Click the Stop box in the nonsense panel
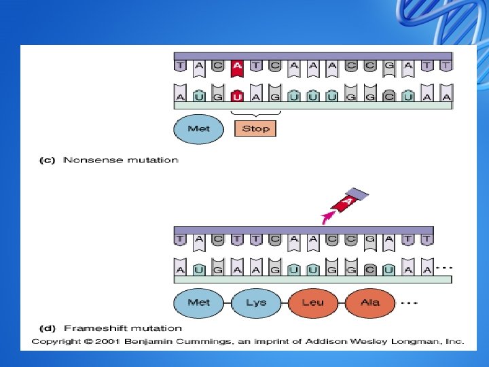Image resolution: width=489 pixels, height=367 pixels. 255,128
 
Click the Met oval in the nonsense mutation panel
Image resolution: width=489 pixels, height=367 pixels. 198,128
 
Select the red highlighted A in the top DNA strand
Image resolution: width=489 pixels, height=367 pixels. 237,67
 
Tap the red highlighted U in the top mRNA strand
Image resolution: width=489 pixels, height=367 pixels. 237,97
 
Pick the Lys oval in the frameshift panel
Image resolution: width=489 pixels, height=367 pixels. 256,302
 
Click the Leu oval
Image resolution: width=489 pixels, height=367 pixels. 312,302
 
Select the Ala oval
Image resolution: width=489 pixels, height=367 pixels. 370,302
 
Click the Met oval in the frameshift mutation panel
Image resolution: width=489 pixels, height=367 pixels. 198,302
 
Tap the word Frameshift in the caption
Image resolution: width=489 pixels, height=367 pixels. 91,329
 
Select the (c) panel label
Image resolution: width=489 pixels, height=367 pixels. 46,160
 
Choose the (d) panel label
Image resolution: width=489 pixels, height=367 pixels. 46,329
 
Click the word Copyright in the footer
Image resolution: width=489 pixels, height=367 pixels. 54,341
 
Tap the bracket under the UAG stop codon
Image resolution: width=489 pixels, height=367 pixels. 255,113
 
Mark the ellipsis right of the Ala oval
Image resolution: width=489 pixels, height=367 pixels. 410,302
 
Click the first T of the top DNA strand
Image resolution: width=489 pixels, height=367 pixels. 180,67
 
